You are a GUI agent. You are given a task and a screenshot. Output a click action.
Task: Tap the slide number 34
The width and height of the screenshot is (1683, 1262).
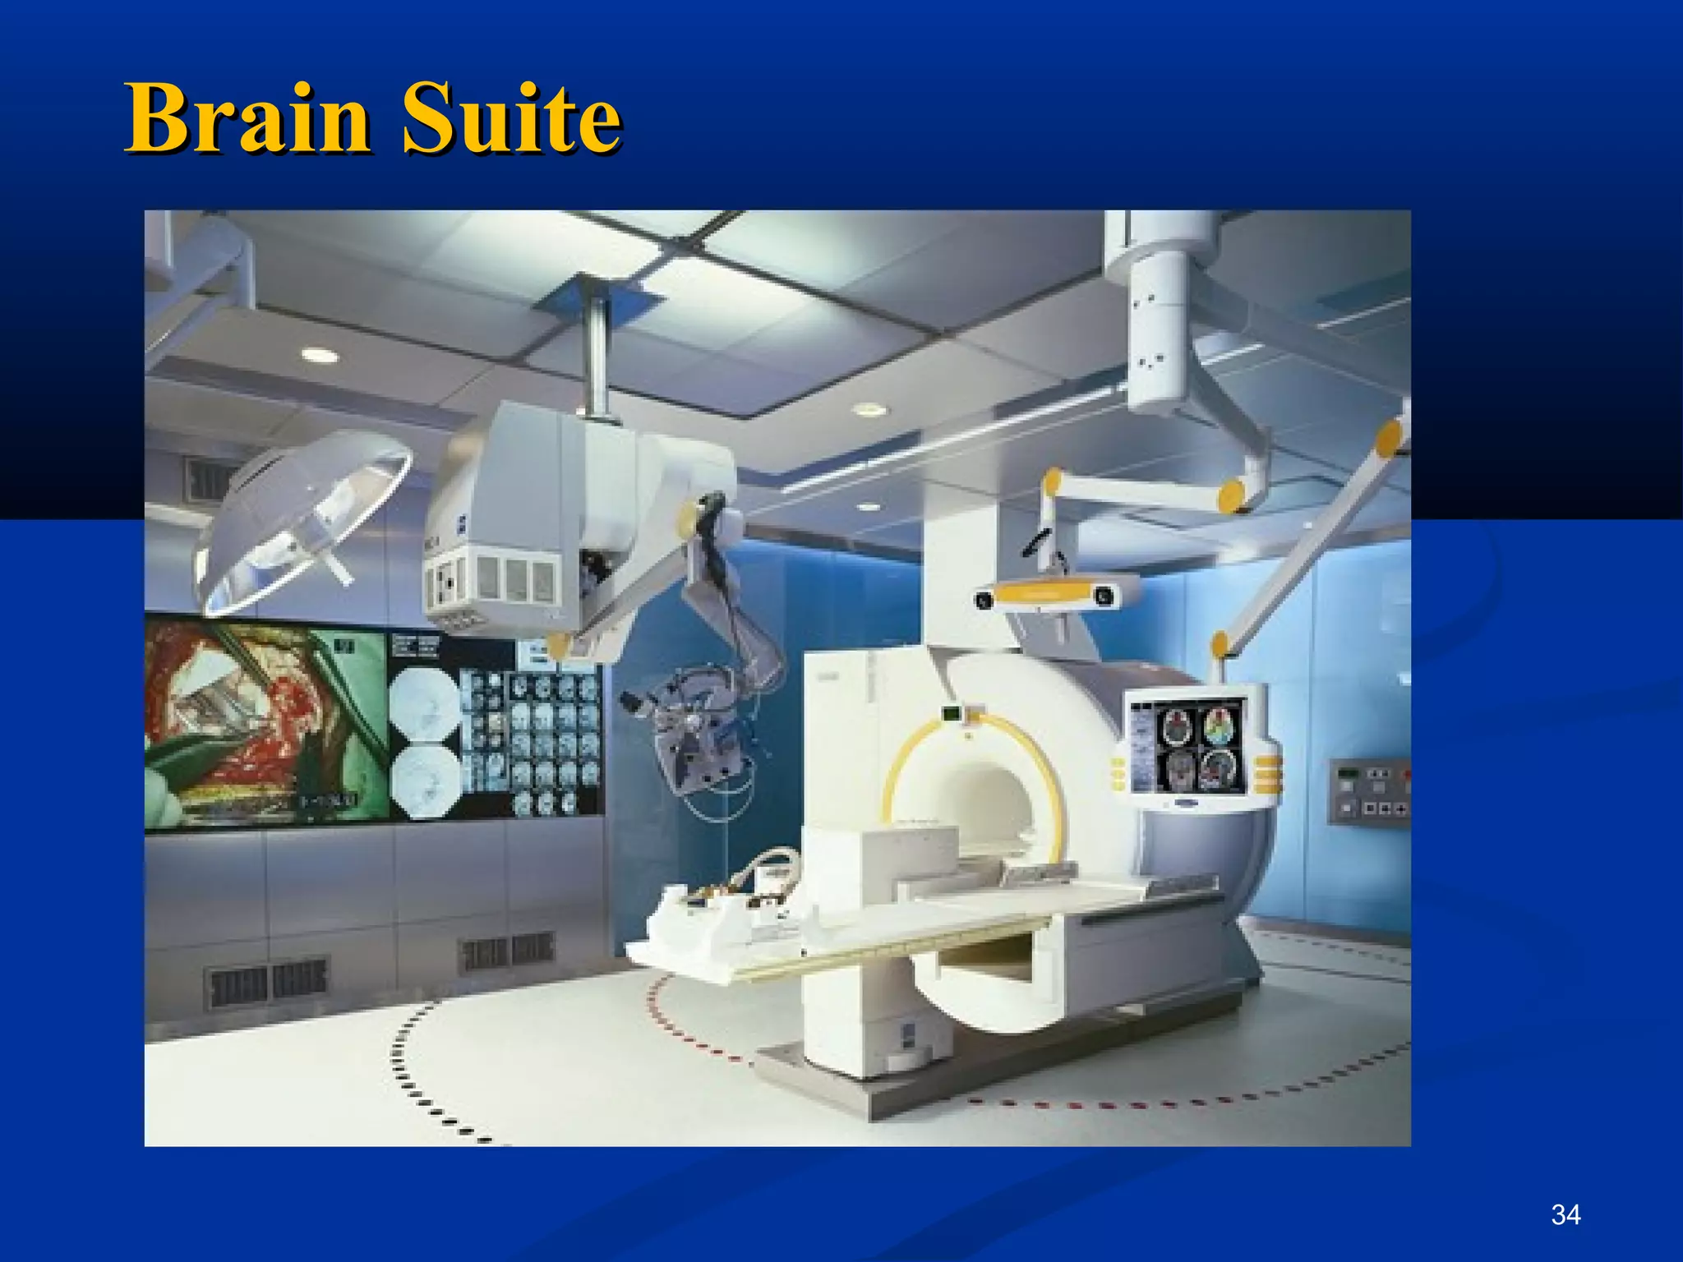pos(1565,1214)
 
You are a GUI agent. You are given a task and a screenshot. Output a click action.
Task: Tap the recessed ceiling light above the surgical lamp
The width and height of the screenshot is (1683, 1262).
pos(319,355)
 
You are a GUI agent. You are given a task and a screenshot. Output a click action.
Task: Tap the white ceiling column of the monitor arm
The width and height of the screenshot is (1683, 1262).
pos(1159,312)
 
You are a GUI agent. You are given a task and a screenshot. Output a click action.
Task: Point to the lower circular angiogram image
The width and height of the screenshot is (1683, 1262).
pos(424,781)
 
